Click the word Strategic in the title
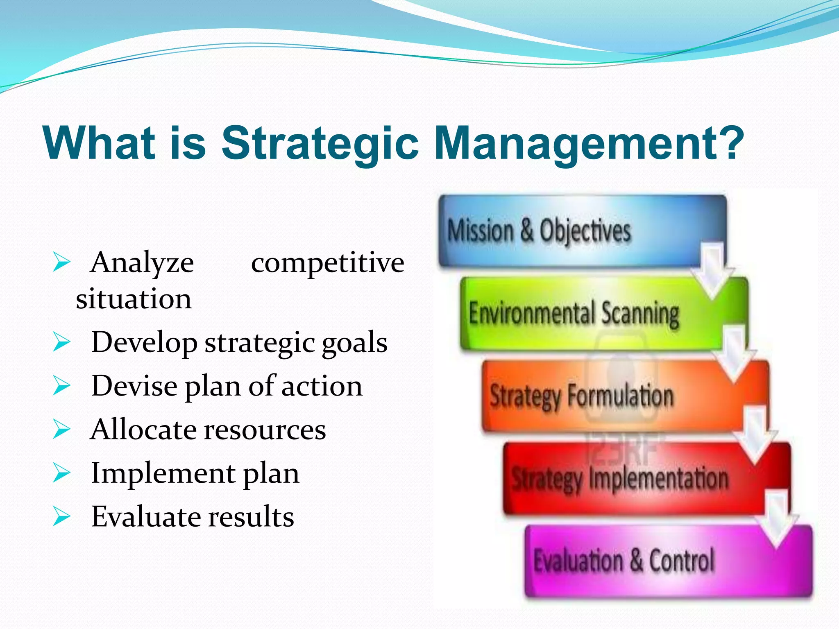(x=320, y=143)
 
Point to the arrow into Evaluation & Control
(x=776, y=520)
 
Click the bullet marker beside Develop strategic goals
(x=61, y=342)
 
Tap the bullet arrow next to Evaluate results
(x=61, y=517)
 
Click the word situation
(x=134, y=299)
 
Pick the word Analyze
(x=142, y=263)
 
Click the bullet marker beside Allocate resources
(x=61, y=430)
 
